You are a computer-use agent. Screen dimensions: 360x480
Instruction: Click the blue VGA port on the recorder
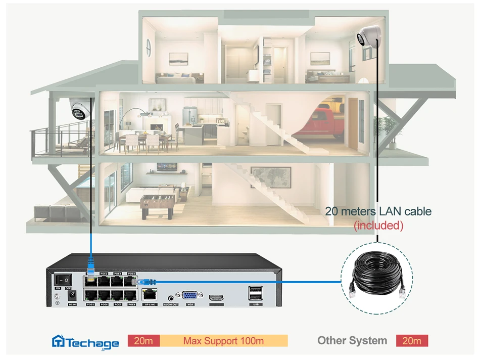[190, 296]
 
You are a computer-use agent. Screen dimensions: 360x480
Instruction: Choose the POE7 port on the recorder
[118, 295]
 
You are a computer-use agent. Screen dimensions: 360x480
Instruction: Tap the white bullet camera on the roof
[367, 37]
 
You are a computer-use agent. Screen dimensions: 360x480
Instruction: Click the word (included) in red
[378, 226]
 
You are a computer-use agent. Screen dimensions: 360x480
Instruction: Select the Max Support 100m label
[223, 341]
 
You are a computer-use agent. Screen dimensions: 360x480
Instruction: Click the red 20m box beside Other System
[412, 341]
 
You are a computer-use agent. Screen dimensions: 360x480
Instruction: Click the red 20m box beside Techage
[143, 341]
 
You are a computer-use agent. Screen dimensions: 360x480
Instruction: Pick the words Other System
[352, 341]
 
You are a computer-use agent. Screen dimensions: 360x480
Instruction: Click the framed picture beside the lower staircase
[271, 177]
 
